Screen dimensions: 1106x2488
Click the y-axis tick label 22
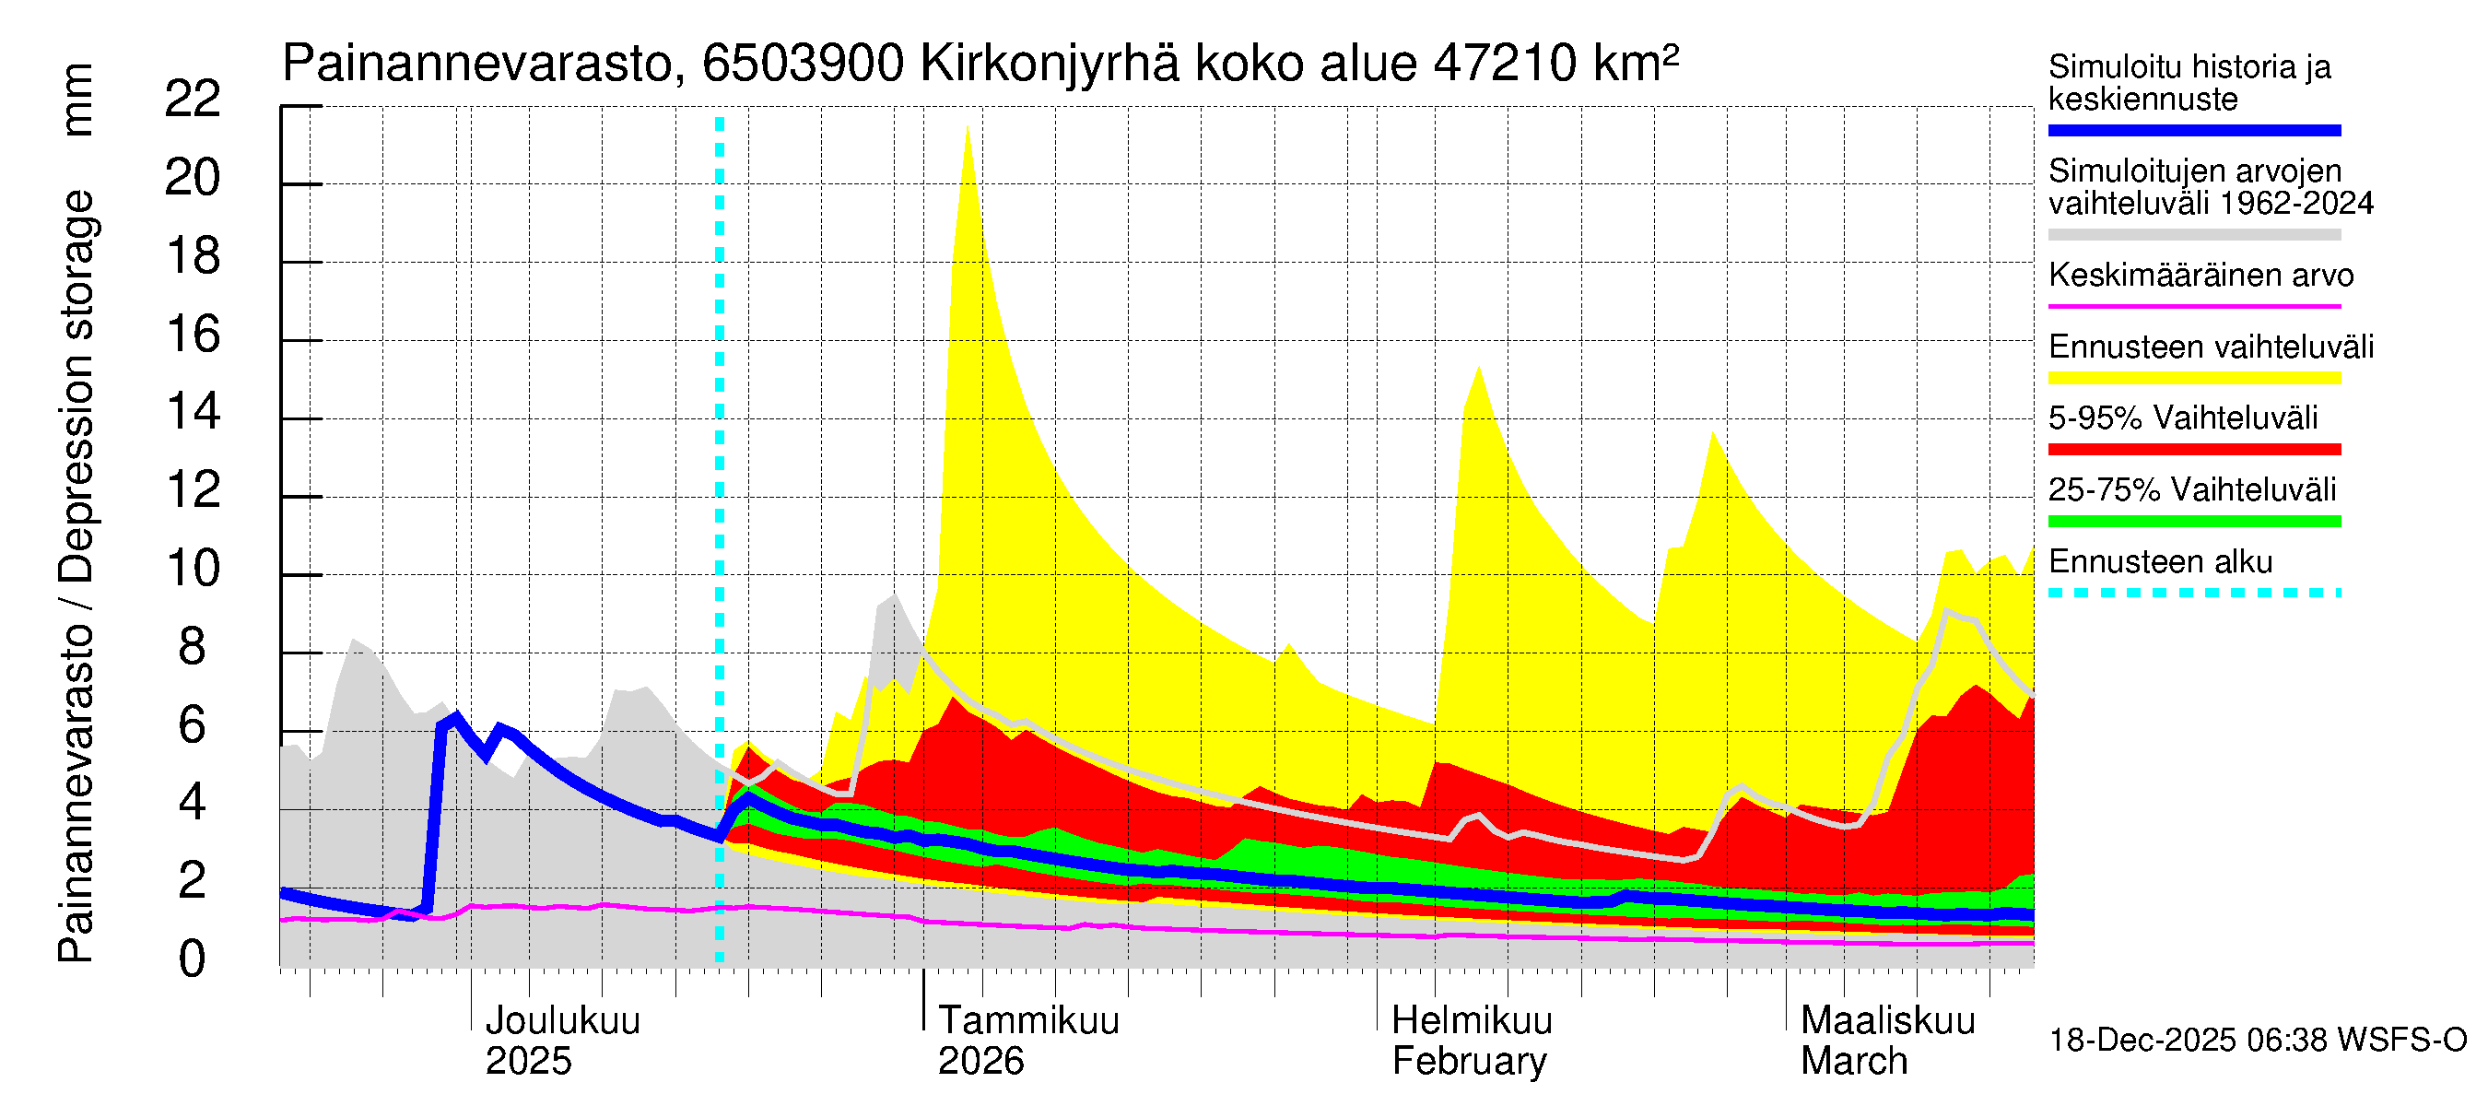click(193, 100)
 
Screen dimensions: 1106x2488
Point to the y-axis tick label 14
click(193, 413)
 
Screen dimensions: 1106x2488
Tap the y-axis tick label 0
click(193, 959)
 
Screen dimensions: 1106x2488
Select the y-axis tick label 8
click(193, 647)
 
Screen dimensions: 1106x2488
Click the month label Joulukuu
click(562, 1021)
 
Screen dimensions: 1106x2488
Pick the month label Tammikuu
click(1027, 1021)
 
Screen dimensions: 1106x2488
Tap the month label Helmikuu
click(1471, 1021)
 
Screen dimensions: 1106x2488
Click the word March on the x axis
click(1853, 1062)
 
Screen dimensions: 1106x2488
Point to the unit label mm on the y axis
click(77, 100)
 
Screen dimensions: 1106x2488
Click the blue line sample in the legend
click(2193, 130)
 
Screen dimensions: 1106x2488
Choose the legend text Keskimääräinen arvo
click(2200, 276)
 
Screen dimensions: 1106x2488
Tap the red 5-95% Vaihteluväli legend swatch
click(2193, 449)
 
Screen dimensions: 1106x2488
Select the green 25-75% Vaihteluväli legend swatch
click(2193, 522)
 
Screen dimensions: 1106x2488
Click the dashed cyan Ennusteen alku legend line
click(2193, 593)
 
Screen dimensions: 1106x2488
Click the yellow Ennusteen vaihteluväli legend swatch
click(2193, 378)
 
